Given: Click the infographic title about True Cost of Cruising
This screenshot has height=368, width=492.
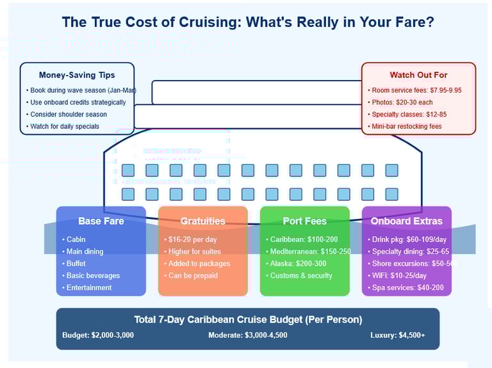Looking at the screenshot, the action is click(x=248, y=22).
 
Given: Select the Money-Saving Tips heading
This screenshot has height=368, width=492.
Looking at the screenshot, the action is click(x=77, y=75).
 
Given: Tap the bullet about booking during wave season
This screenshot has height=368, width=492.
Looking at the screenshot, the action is click(x=78, y=90).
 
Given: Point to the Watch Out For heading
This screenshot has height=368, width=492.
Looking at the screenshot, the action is click(x=418, y=75).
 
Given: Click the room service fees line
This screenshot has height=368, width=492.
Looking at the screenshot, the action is click(x=416, y=90).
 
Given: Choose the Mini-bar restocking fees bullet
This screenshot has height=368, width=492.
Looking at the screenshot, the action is click(x=406, y=126).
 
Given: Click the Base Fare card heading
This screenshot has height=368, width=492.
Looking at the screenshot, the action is click(x=101, y=221).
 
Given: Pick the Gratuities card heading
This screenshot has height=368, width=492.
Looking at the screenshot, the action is click(x=202, y=221).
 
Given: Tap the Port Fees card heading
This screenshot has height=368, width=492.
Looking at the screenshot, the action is click(x=304, y=221).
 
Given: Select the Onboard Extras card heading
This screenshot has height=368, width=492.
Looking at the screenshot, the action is click(x=406, y=221).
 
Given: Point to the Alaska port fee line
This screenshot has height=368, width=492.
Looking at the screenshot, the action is click(x=299, y=264).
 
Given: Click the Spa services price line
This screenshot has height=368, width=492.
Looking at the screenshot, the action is click(x=406, y=288).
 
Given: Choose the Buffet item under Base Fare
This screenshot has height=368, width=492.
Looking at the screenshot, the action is click(x=76, y=264).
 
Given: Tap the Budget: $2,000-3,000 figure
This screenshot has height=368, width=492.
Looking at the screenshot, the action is click(x=98, y=335).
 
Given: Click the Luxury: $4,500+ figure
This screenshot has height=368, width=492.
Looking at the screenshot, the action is click(x=397, y=335).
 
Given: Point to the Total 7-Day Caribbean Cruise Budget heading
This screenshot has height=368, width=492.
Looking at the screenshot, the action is click(x=248, y=319).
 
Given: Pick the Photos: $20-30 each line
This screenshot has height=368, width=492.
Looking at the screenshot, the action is click(x=401, y=102).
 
